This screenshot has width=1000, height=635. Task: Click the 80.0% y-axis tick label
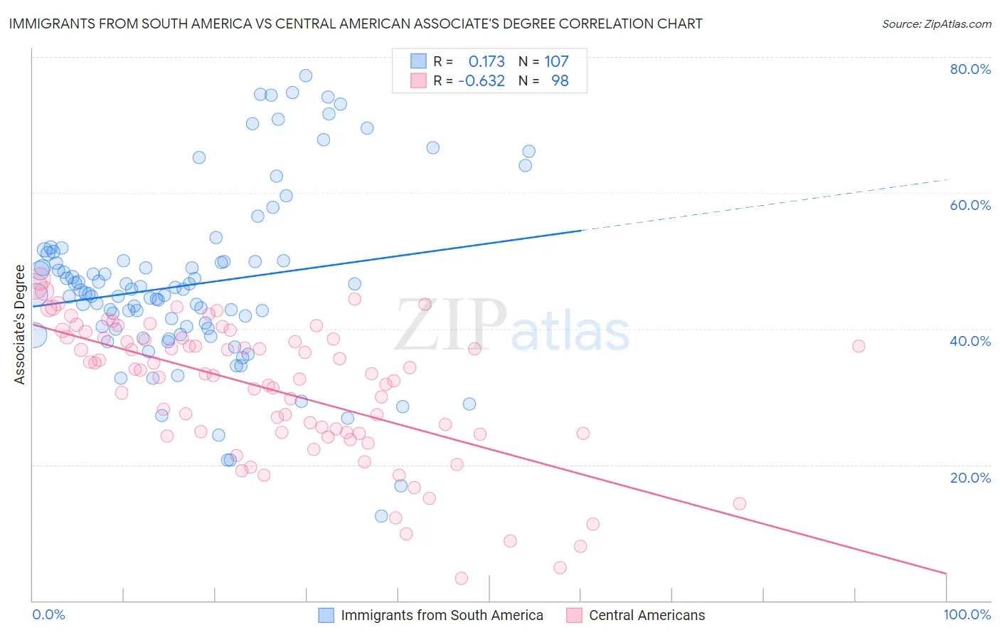pyautogui.click(x=970, y=69)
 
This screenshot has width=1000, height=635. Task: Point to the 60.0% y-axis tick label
pyautogui.click(x=970, y=205)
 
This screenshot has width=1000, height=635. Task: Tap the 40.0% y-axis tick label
pyautogui.click(x=970, y=341)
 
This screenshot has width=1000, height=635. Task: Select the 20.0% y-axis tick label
pyautogui.click(x=970, y=478)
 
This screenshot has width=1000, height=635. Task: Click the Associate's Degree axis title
pyautogui.click(x=20, y=325)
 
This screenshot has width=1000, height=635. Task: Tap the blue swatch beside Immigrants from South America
pyautogui.click(x=326, y=616)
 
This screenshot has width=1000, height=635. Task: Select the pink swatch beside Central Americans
pyautogui.click(x=574, y=616)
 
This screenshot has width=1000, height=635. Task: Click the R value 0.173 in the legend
pyautogui.click(x=486, y=62)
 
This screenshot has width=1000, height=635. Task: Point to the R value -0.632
pyautogui.click(x=482, y=81)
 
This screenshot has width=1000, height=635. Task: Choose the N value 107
pyautogui.click(x=556, y=62)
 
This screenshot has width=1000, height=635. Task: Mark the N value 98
pyautogui.click(x=560, y=81)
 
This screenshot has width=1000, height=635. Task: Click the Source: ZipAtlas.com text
pyautogui.click(x=936, y=24)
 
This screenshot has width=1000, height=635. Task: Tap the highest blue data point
pyautogui.click(x=306, y=75)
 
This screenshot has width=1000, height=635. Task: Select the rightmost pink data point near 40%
pyautogui.click(x=858, y=346)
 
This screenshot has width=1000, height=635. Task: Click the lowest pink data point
pyautogui.click(x=461, y=579)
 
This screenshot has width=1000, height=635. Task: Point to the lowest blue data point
pyautogui.click(x=381, y=516)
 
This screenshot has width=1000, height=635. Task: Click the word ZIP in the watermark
pyautogui.click(x=450, y=326)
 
